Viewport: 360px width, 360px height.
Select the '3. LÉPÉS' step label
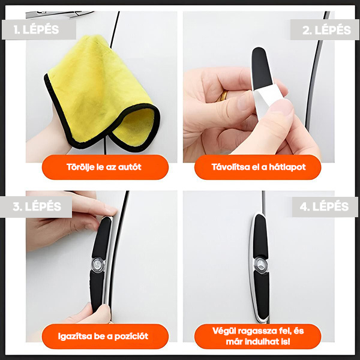click(x=36, y=206)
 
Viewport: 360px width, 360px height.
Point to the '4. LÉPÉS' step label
click(x=325, y=206)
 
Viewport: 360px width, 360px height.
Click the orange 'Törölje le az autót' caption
click(x=105, y=167)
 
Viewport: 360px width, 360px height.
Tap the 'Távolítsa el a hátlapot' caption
click(x=258, y=167)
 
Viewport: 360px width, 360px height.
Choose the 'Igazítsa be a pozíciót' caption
click(x=105, y=337)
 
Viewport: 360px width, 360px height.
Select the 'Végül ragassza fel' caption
click(x=258, y=337)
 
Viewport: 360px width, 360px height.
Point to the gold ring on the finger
click(x=224, y=95)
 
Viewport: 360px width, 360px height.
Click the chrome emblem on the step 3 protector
click(x=98, y=263)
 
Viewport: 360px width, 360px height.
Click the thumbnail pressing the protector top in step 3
click(x=110, y=209)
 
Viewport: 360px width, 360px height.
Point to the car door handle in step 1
click(x=59, y=14)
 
